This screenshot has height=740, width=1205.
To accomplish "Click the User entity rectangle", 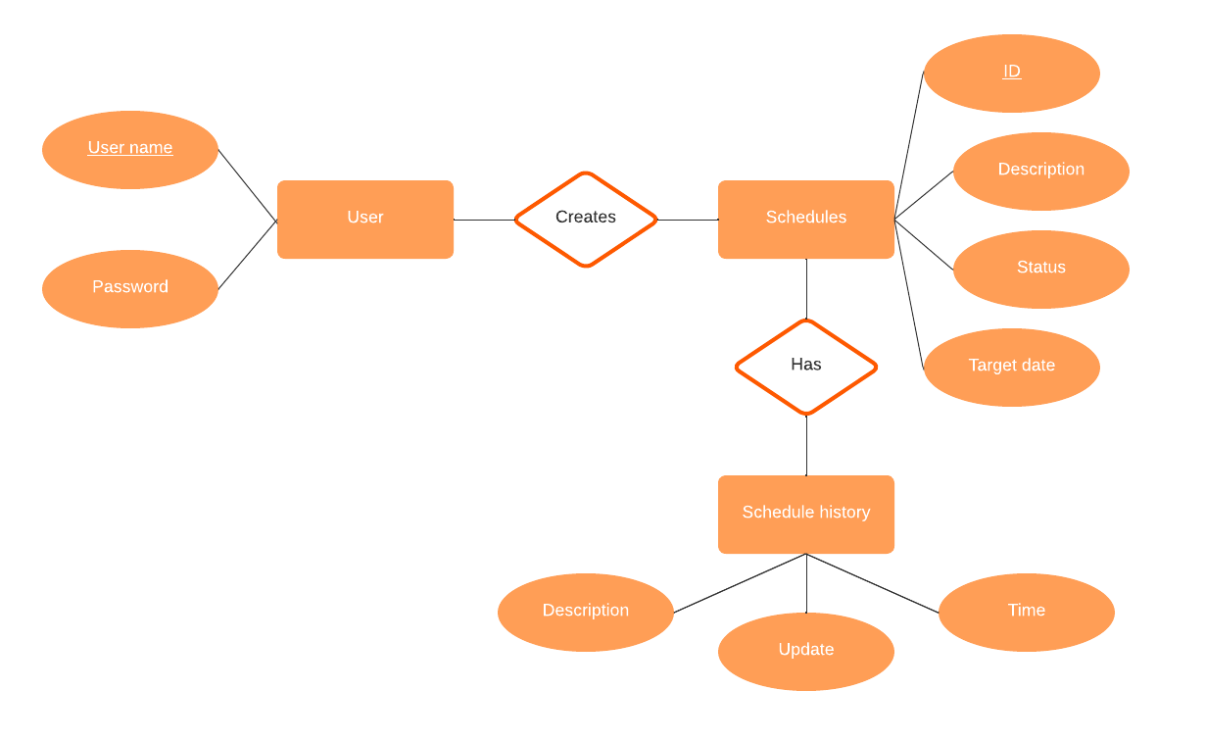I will [x=364, y=219].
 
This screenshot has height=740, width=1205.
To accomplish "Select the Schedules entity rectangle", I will [x=805, y=219].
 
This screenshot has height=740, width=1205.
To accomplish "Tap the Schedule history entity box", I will [x=805, y=514].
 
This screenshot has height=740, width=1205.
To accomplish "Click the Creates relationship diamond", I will [x=585, y=219].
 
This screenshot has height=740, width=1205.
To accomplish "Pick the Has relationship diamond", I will [x=805, y=366].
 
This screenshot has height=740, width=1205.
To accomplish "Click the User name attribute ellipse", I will [x=129, y=149].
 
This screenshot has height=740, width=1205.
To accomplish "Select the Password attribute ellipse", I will [x=129, y=288].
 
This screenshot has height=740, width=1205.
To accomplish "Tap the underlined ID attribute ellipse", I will [x=1011, y=73].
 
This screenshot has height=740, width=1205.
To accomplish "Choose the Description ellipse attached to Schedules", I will [x=1040, y=171].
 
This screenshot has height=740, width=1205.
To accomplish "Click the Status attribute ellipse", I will [x=1040, y=269].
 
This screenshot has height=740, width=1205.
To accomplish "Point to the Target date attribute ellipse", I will [x=1011, y=367].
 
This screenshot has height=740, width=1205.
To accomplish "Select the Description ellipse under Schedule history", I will [x=585, y=612].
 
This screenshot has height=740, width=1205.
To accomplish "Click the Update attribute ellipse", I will [x=805, y=651].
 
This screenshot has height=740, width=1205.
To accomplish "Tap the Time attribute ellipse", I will [x=1026, y=612].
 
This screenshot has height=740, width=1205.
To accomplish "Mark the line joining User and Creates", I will [x=484, y=220].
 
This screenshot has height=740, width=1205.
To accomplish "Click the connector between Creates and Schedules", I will [x=688, y=220].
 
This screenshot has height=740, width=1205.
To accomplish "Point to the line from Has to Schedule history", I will [x=806, y=446].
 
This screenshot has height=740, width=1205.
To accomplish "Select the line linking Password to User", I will [x=247, y=255].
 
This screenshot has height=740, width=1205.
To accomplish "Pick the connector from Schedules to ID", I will [x=909, y=145].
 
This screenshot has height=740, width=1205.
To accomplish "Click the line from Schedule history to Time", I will [x=872, y=583].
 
